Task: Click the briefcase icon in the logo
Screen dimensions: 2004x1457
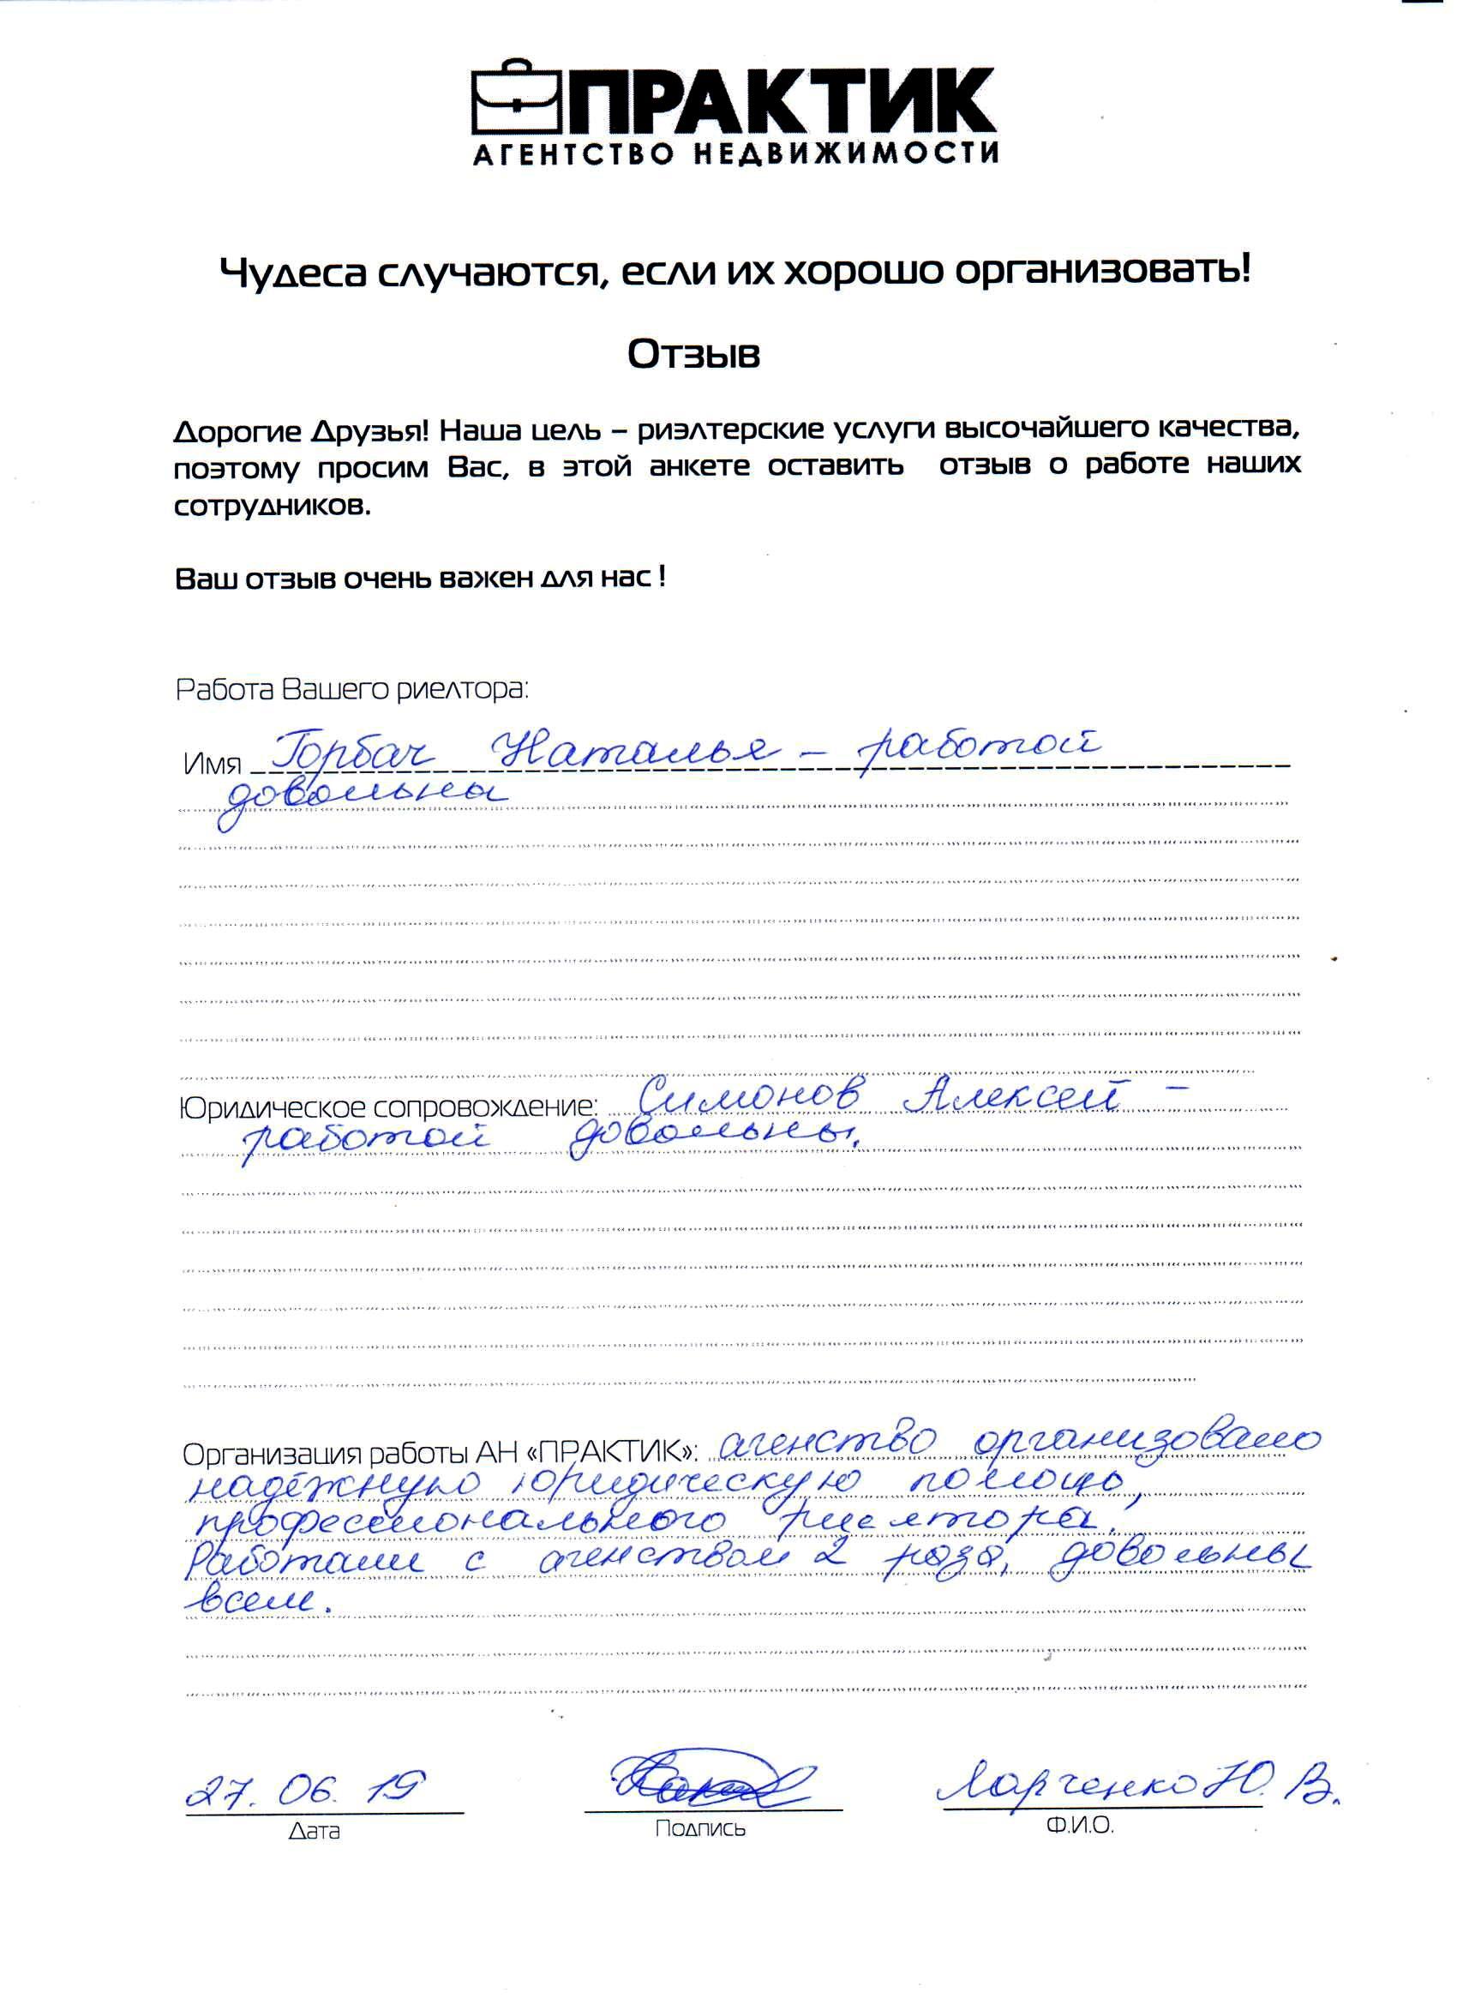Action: tap(519, 101)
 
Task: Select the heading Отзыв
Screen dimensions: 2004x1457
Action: tap(693, 354)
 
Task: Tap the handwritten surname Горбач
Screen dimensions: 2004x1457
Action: tap(345, 751)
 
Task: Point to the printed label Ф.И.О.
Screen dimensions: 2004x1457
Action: tap(1079, 1826)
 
